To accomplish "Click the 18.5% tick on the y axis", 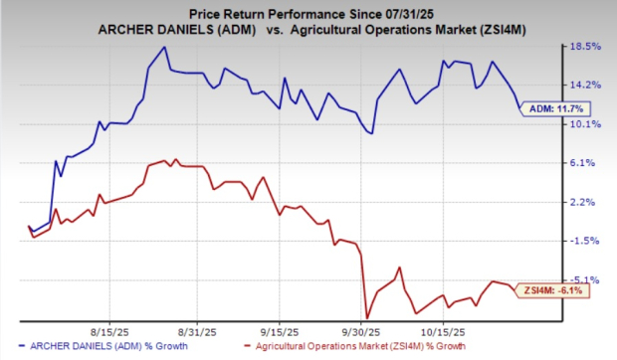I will coord(584,47).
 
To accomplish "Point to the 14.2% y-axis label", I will coord(584,85).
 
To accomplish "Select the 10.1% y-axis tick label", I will coord(584,124).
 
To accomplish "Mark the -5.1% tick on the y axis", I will coord(584,279).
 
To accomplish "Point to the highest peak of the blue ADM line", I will coord(164,47).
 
